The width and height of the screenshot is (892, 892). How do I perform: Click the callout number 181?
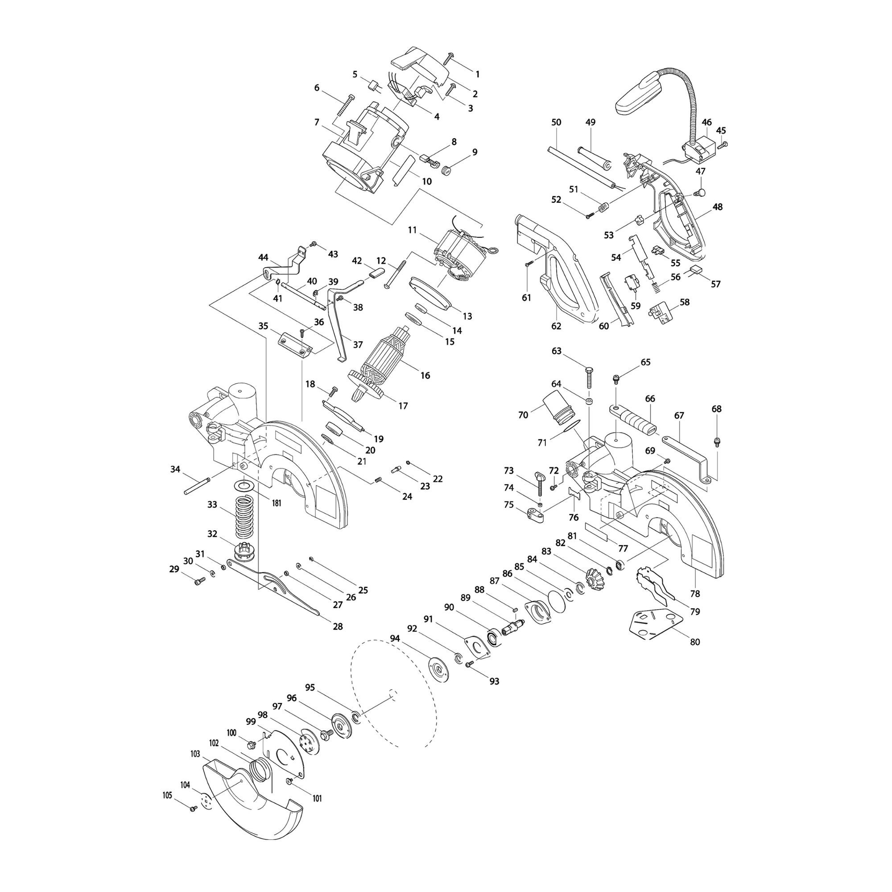[x=276, y=503]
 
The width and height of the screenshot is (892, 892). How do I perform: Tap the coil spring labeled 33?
[x=248, y=517]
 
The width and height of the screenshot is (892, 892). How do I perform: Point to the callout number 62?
[x=556, y=326]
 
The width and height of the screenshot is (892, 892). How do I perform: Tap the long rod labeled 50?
[x=580, y=167]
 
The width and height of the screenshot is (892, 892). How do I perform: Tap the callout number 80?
[x=694, y=642]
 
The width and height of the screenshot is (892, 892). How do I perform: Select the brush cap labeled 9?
[x=446, y=171]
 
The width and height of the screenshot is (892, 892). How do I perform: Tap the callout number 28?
[x=338, y=627]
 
